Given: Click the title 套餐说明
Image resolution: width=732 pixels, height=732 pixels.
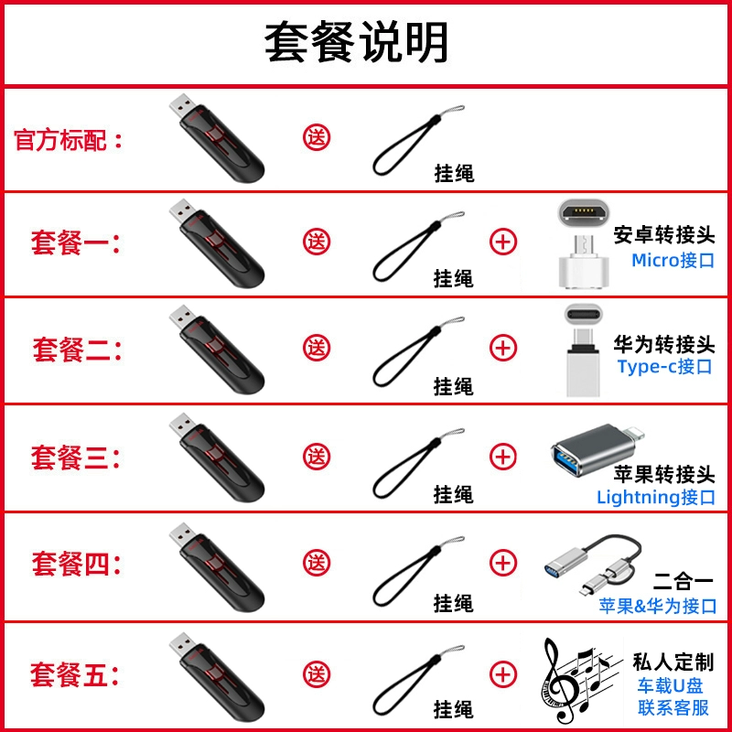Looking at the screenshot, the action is click(x=356, y=42).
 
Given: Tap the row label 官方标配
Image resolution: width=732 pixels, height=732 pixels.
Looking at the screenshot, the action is click(x=67, y=140).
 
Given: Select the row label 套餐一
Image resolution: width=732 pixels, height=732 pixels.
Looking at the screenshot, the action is click(x=75, y=242).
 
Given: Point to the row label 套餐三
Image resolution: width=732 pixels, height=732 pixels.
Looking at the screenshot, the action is click(x=75, y=457).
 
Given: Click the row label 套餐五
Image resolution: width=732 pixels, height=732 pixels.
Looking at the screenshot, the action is click(x=74, y=675).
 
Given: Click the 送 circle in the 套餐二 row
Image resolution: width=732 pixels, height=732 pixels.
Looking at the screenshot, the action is click(x=317, y=348).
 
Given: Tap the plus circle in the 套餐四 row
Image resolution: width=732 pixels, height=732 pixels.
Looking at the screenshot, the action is click(x=502, y=563).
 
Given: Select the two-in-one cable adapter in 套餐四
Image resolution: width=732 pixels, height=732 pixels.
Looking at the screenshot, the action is click(x=593, y=564).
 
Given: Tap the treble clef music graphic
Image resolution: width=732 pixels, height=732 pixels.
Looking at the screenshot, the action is click(x=579, y=679).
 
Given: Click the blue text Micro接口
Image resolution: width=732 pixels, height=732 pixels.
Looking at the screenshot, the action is click(x=673, y=260).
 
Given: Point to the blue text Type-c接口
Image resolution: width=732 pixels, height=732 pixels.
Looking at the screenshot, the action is click(x=664, y=367).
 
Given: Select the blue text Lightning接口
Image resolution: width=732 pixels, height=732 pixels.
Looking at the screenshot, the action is click(x=655, y=497).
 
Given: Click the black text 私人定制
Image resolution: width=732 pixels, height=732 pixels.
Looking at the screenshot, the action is click(x=673, y=662).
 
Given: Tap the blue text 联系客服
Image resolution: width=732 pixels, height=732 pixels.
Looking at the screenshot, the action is click(x=673, y=707).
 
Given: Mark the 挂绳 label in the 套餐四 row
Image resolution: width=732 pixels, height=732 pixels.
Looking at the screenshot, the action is click(x=453, y=603).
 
